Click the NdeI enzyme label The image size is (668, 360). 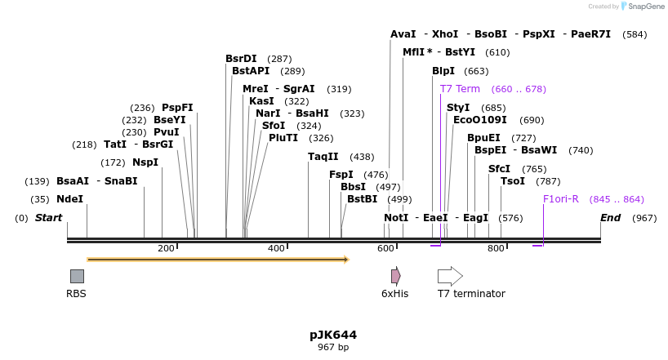[69, 199]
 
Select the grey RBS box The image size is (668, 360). [77, 276]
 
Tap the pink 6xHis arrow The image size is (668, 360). [395, 276]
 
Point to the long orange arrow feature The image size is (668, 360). [217, 260]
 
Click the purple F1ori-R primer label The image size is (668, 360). [561, 199]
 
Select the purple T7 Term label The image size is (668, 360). [460, 89]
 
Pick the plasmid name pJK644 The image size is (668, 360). [333, 335]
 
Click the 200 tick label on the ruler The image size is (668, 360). [167, 248]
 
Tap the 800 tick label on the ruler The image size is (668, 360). [496, 248]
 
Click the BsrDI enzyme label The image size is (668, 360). [241, 59]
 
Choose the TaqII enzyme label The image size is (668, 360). [323, 157]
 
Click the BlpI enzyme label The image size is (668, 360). [443, 71]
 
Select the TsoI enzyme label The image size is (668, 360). [513, 181]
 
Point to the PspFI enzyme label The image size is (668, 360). [177, 108]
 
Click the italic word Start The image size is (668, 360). [48, 218]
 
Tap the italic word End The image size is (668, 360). [610, 218]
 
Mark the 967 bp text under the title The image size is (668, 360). [333, 348]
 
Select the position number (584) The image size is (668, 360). [635, 34]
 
